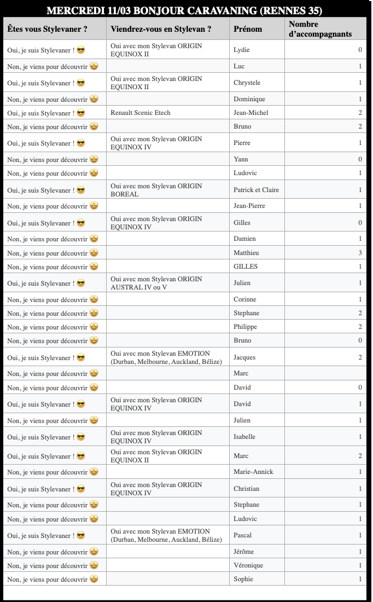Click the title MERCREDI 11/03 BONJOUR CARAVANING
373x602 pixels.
(184, 11)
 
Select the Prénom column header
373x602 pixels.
(248, 29)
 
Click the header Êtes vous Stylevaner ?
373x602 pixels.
(48, 29)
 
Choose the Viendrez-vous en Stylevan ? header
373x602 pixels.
(161, 29)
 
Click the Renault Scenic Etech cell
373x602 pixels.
(141, 113)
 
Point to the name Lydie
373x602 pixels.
(242, 50)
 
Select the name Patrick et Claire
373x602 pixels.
(256, 190)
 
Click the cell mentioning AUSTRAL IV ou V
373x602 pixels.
(156, 283)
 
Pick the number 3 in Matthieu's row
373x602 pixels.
(360, 253)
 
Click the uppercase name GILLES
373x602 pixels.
(246, 267)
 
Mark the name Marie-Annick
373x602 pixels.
(253, 472)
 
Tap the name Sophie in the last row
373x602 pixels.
(243, 579)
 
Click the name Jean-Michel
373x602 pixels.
(251, 113)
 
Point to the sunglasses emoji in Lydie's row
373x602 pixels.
(81, 50)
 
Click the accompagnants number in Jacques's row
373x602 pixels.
(360, 357)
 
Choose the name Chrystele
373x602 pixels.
(247, 83)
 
